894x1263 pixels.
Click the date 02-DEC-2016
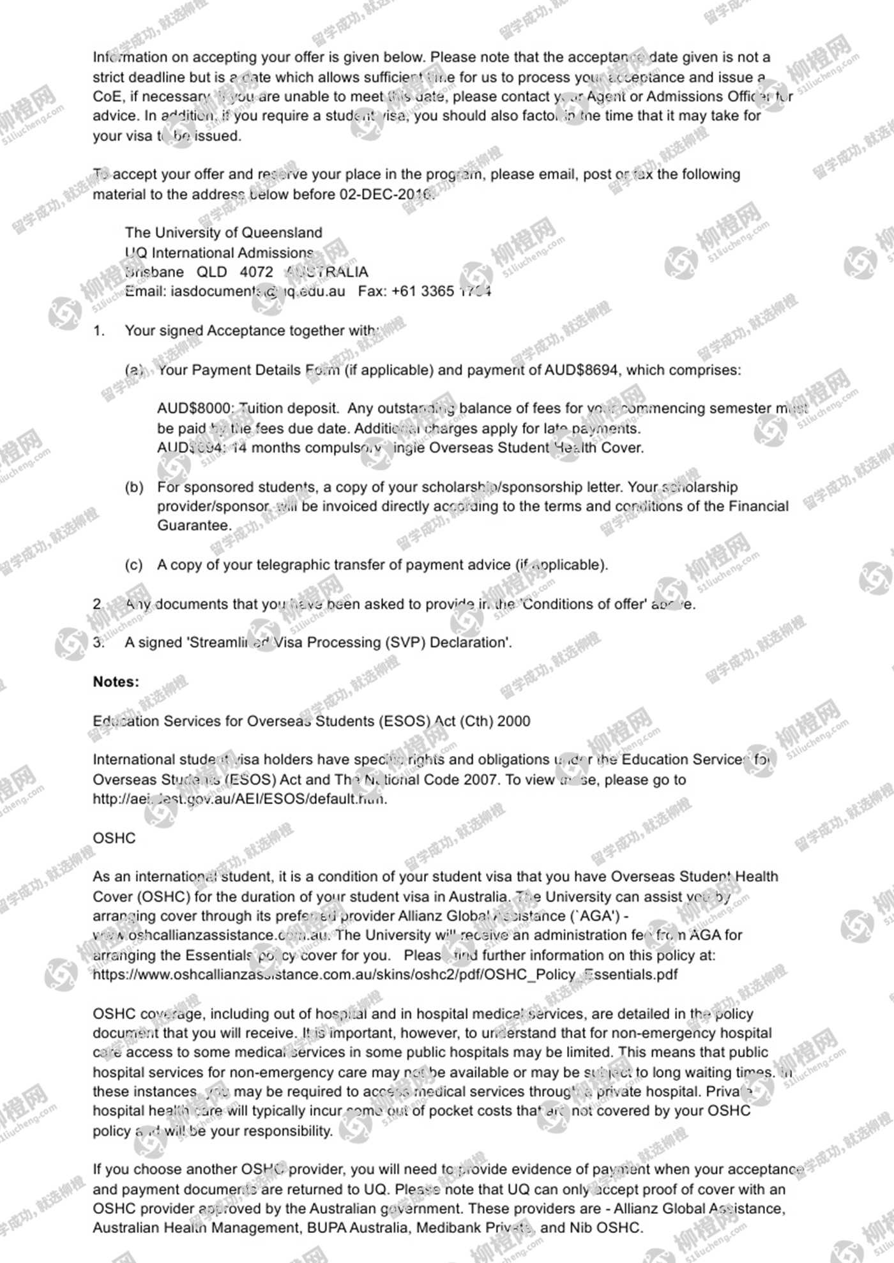(x=386, y=194)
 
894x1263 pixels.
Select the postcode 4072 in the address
(x=256, y=272)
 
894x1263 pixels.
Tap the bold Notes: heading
(x=116, y=682)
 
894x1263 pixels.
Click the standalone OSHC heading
(x=114, y=838)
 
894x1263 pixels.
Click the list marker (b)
(x=134, y=487)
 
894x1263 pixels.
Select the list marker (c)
(x=134, y=565)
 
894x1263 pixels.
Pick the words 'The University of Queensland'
(x=223, y=232)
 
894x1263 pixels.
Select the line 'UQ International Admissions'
(x=219, y=253)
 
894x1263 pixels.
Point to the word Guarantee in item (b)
(x=193, y=526)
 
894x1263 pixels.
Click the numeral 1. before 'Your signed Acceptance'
(x=99, y=331)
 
